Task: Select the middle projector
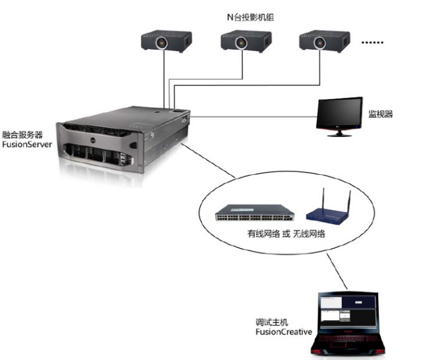pos(243,41)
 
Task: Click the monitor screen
pos(339,113)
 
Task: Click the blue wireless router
pos(328,213)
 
